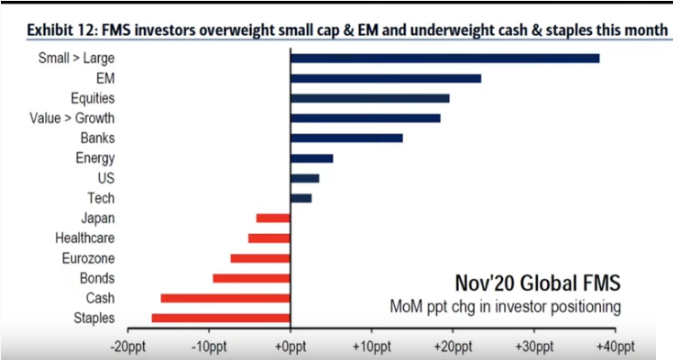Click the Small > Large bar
(444, 58)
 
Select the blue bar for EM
(385, 78)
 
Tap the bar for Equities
(369, 98)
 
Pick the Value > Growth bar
(364, 118)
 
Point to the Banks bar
(345, 138)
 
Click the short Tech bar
(301, 198)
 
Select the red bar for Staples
(220, 318)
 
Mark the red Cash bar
(225, 298)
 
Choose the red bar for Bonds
(251, 278)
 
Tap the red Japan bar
(273, 218)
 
